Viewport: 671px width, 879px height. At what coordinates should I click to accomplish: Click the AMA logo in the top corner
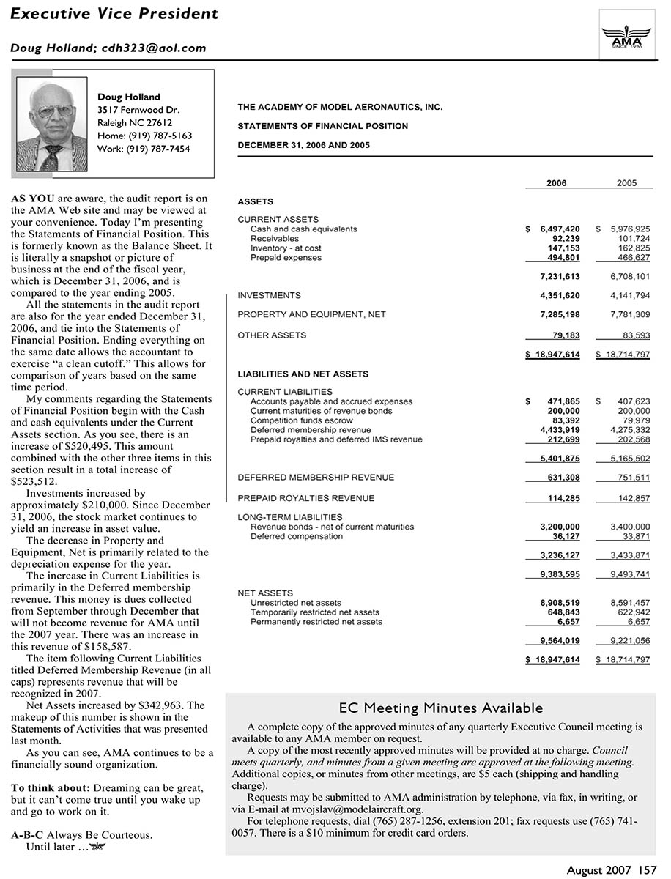626,33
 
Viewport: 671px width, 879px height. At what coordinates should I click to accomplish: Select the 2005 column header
626,183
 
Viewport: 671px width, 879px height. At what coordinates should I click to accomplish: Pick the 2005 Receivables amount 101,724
634,239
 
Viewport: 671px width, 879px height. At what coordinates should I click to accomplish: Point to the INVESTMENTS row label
269,296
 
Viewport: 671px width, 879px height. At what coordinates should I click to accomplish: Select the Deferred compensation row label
296,536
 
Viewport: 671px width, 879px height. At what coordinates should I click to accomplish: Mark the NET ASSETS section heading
265,593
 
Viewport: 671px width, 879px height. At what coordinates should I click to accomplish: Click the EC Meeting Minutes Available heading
441,708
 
